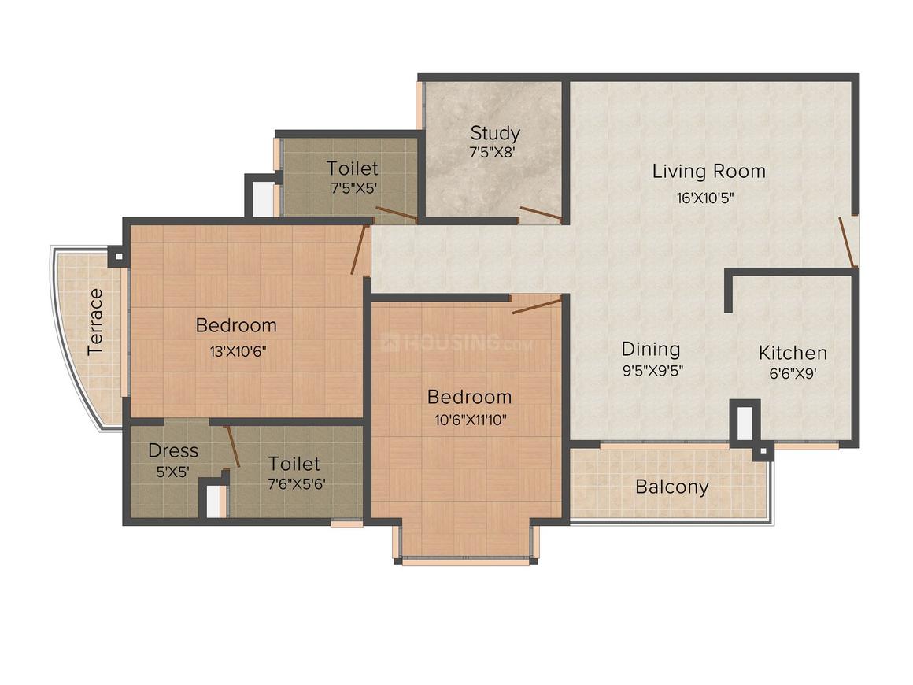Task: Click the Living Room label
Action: point(708,171)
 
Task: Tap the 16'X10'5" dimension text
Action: point(704,198)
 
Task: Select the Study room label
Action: point(495,132)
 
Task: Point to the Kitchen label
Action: point(793,353)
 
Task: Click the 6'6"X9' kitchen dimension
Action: point(793,375)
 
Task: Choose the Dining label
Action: point(650,349)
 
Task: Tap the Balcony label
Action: point(671,487)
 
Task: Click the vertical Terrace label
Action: point(95,322)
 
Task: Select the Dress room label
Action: point(173,451)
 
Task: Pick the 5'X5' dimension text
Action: point(173,472)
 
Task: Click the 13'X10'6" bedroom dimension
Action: point(236,351)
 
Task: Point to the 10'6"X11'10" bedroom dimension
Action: point(469,420)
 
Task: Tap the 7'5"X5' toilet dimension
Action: point(353,189)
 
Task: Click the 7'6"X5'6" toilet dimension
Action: point(294,483)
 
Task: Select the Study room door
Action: point(541,213)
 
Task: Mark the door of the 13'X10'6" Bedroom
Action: point(359,250)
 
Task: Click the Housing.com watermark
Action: point(456,343)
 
